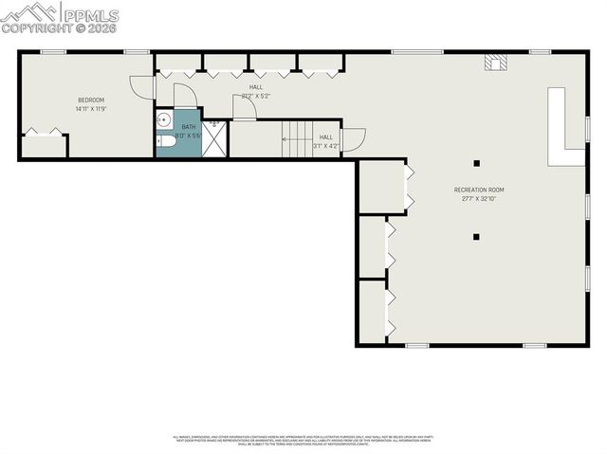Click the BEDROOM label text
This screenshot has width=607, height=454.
click(x=90, y=100)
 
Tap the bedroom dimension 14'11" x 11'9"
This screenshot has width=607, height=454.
click(x=90, y=109)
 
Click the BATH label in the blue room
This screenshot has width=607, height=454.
click(x=189, y=127)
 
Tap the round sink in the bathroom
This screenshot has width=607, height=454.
click(x=162, y=120)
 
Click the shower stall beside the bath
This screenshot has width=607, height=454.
click(x=214, y=138)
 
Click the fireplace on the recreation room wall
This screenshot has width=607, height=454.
click(x=495, y=63)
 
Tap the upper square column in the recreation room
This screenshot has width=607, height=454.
click(x=477, y=162)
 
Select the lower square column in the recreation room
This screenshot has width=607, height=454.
click(x=477, y=236)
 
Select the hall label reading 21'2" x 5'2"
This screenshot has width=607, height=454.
click(x=256, y=91)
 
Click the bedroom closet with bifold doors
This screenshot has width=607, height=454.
click(x=44, y=145)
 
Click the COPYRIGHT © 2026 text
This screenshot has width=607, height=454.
click(x=61, y=28)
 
